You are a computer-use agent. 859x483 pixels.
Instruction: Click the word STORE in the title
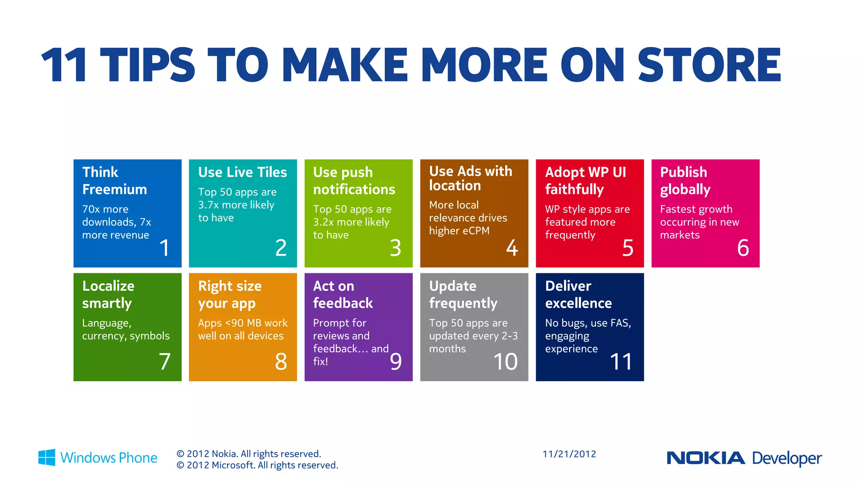pyautogui.click(x=709, y=65)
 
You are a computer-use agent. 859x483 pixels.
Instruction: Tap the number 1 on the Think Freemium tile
pyautogui.click(x=164, y=248)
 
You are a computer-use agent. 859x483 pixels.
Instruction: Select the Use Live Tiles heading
pyautogui.click(x=242, y=172)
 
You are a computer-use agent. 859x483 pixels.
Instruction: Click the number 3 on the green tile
pyautogui.click(x=396, y=248)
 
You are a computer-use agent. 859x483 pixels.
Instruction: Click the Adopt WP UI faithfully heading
pyautogui.click(x=585, y=181)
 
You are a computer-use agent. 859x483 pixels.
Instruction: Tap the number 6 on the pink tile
pyautogui.click(x=743, y=248)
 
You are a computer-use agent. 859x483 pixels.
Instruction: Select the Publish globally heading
pyautogui.click(x=685, y=181)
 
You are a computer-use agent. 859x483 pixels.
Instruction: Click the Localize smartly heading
pyautogui.click(x=108, y=294)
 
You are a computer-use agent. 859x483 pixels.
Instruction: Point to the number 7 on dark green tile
pyautogui.click(x=164, y=361)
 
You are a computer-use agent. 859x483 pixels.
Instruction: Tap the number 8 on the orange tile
pyautogui.click(x=281, y=361)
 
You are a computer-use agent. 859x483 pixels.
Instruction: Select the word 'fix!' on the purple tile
pyautogui.click(x=320, y=361)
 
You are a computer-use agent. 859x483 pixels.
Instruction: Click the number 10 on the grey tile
pyautogui.click(x=505, y=361)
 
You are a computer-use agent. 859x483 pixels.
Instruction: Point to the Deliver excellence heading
pyautogui.click(x=578, y=294)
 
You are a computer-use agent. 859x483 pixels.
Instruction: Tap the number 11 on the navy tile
pyautogui.click(x=621, y=361)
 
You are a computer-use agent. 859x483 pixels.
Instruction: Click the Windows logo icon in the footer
pyautogui.click(x=47, y=457)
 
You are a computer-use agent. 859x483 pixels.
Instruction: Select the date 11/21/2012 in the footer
pyautogui.click(x=569, y=454)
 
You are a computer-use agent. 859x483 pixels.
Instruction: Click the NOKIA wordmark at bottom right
pyautogui.click(x=705, y=458)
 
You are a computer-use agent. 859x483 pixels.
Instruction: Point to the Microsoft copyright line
pyautogui.click(x=257, y=465)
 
